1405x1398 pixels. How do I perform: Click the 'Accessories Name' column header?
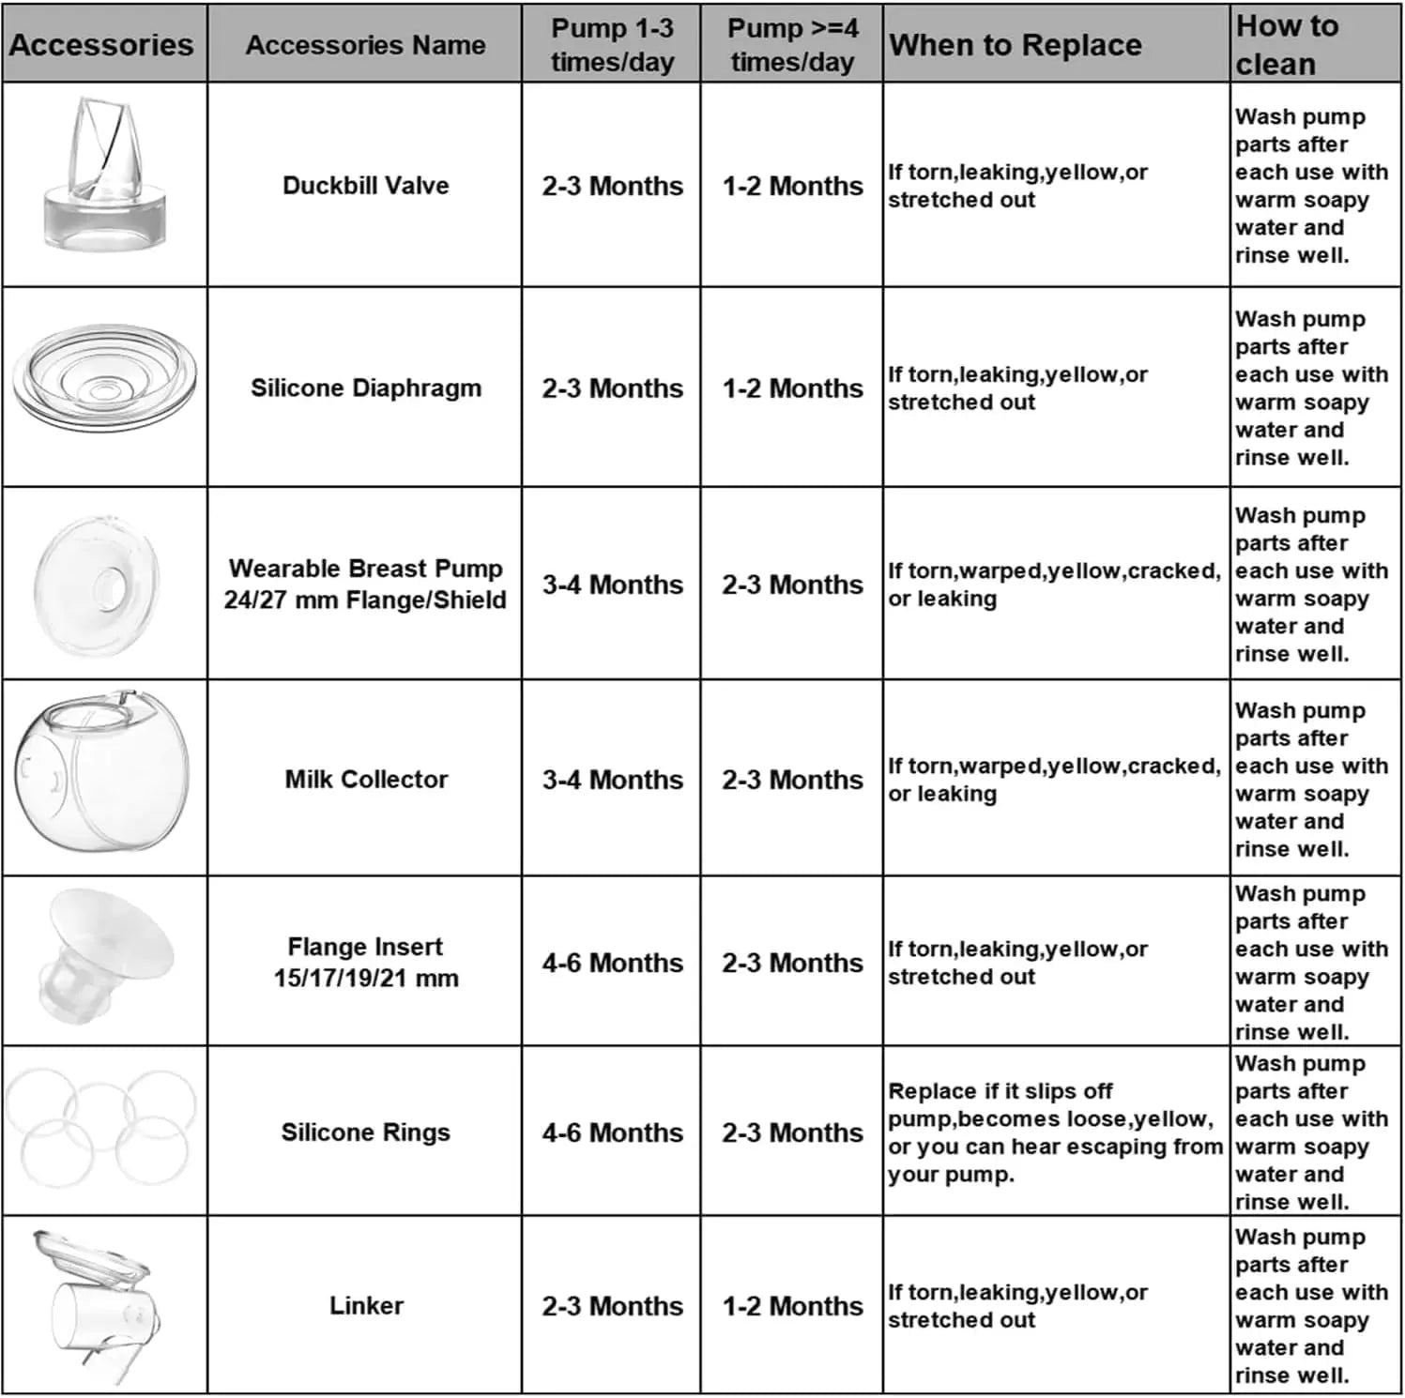[x=365, y=45]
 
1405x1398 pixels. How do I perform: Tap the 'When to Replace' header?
[x=1016, y=45]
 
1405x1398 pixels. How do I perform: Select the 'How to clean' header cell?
[x=1287, y=45]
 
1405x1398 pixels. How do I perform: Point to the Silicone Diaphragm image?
[x=103, y=380]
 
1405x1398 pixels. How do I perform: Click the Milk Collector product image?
[x=101, y=771]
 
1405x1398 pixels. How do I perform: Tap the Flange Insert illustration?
[x=105, y=954]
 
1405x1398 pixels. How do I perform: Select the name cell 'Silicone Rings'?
[x=365, y=1132]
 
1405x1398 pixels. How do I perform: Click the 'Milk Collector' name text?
[x=366, y=780]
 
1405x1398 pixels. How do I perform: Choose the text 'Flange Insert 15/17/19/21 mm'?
[x=365, y=963]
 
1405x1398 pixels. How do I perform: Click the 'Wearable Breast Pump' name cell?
[x=365, y=584]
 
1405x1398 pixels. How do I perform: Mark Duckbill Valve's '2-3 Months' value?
[x=612, y=186]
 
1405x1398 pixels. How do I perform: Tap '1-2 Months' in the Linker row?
[x=792, y=1306]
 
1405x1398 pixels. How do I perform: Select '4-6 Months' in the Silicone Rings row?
[x=612, y=1132]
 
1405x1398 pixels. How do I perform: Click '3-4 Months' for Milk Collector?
[x=612, y=780]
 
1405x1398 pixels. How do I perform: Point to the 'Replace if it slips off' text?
[x=1000, y=1091]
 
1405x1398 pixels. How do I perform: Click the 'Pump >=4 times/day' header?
[x=792, y=45]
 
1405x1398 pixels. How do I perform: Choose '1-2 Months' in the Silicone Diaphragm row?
[x=792, y=388]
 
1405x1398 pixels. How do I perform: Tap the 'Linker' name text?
[x=366, y=1306]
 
